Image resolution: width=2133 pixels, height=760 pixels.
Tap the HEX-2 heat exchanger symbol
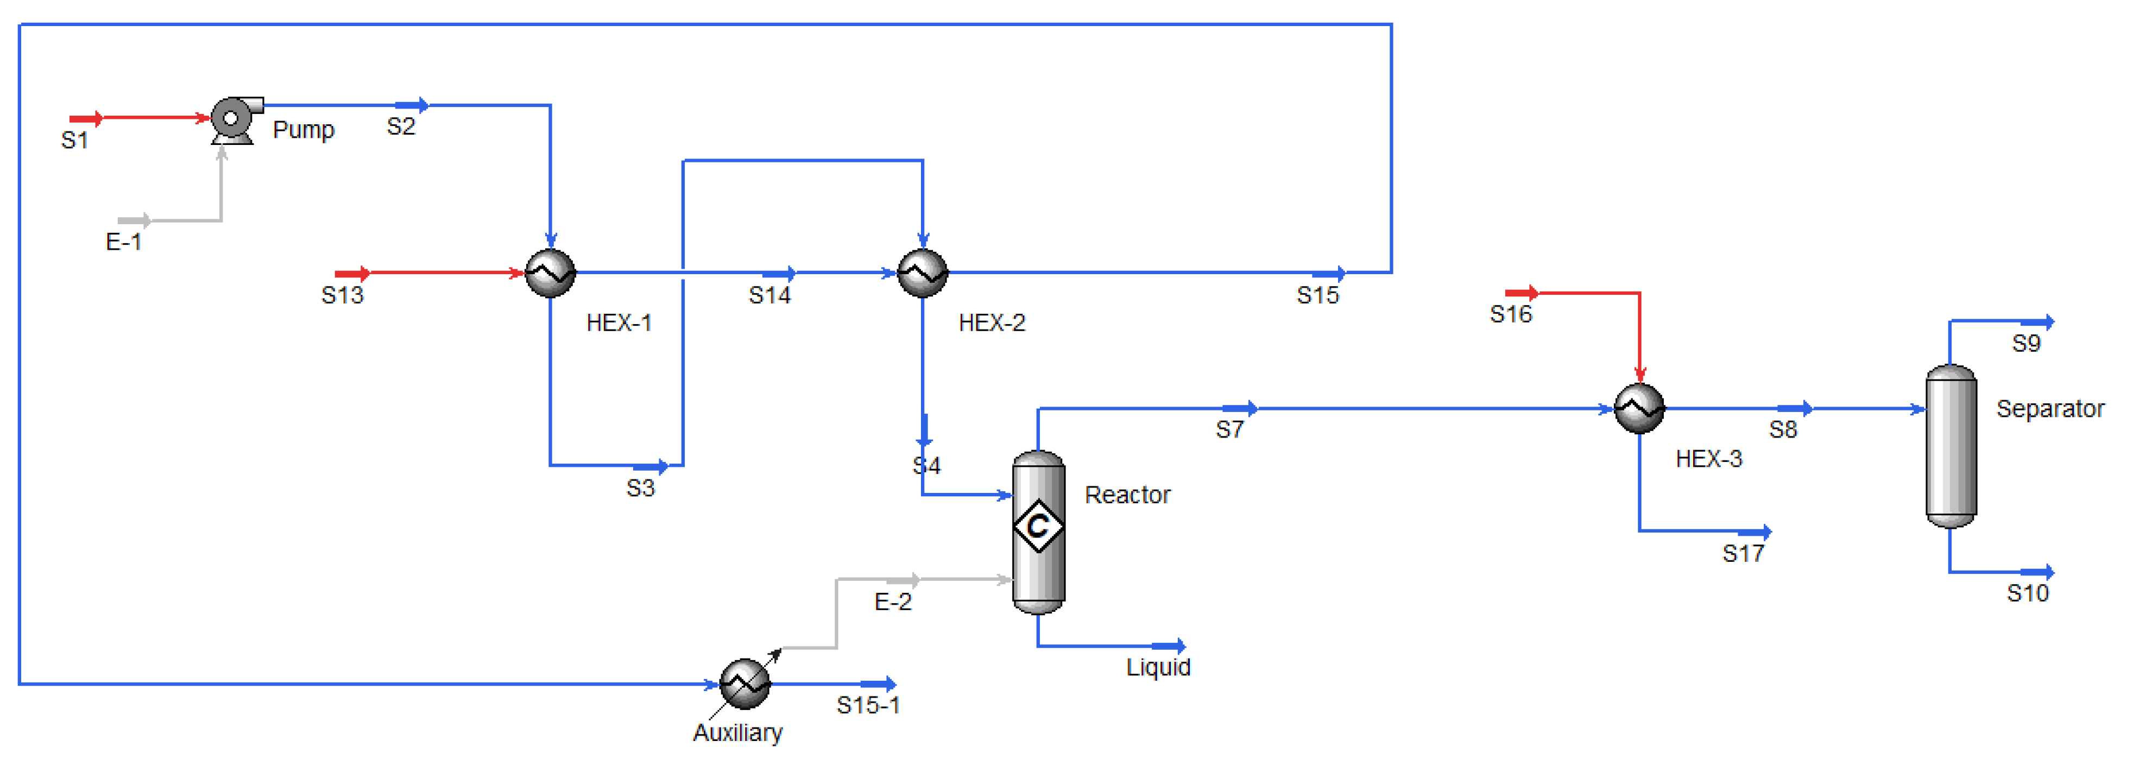[x=923, y=273]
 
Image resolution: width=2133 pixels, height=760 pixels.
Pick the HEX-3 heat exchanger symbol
[x=1639, y=408]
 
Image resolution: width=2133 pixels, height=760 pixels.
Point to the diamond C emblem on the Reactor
[x=1038, y=525]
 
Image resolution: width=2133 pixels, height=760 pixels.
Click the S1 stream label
[x=74, y=141]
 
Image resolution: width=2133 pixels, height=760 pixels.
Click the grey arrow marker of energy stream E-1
[x=134, y=220]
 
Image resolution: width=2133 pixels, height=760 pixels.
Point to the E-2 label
[x=893, y=602]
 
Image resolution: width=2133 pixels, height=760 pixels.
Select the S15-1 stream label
[x=868, y=705]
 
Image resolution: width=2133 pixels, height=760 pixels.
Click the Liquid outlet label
[x=1158, y=667]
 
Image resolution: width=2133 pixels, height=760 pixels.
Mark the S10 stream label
[x=2027, y=593]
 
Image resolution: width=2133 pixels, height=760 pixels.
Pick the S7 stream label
[x=1229, y=430]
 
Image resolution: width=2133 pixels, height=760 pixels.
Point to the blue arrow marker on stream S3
[x=651, y=466]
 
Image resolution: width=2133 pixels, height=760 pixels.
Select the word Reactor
[x=1127, y=495]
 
